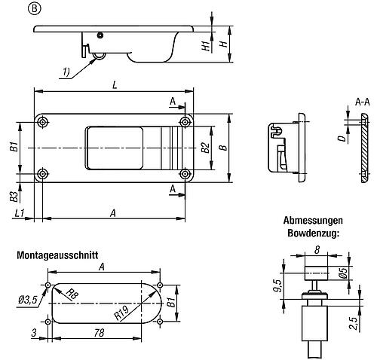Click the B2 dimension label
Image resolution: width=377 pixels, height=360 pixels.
[x=205, y=148]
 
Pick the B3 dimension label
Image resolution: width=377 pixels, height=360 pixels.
[x=14, y=197]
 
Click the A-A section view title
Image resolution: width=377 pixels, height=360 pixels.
[x=362, y=101]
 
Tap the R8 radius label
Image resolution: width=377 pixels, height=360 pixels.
[x=70, y=294]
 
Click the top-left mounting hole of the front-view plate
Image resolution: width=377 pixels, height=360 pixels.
[x=45, y=124]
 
